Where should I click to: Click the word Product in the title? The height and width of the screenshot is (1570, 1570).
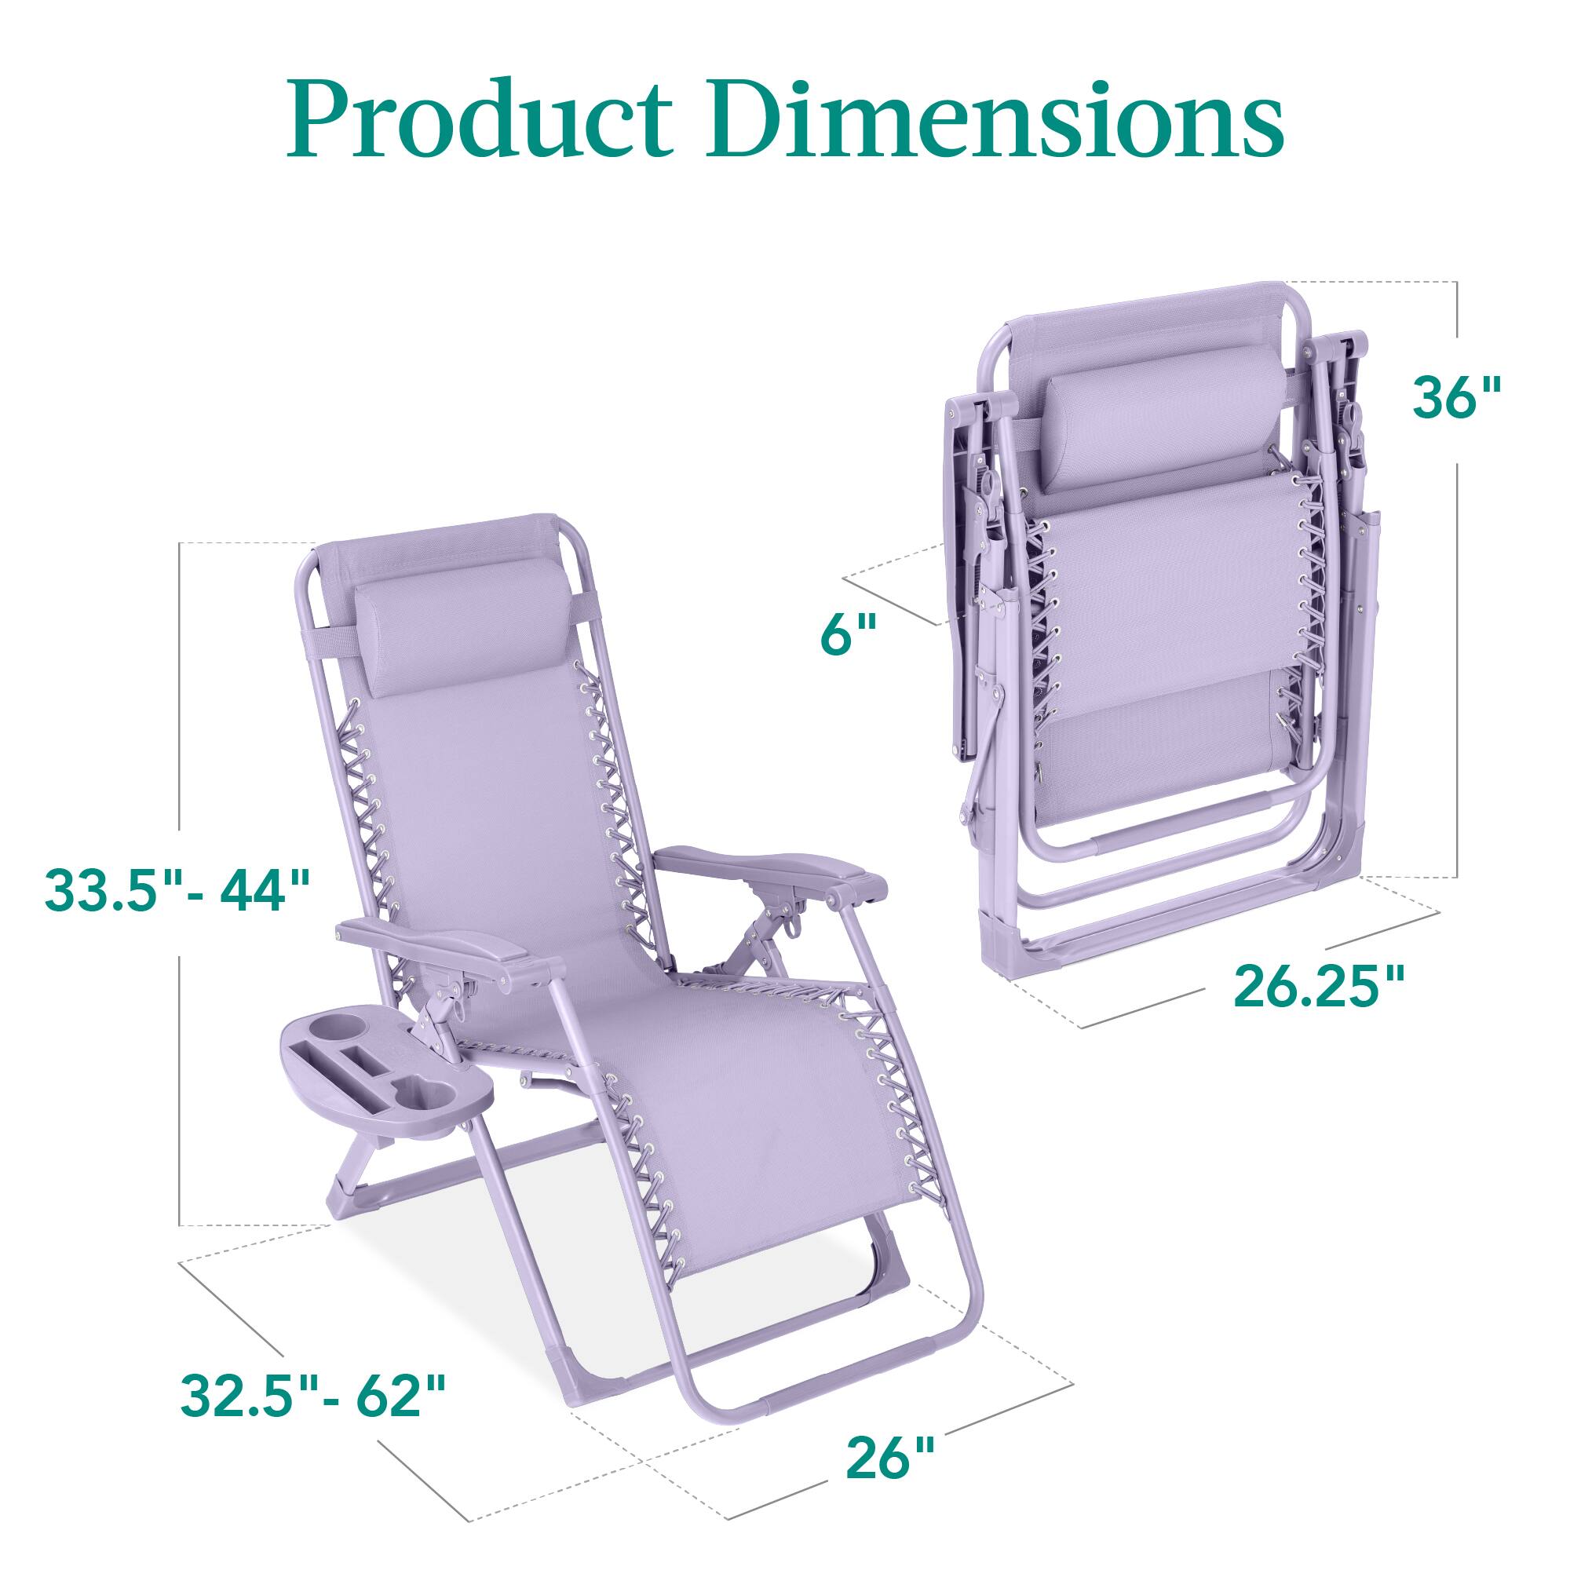coord(480,120)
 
